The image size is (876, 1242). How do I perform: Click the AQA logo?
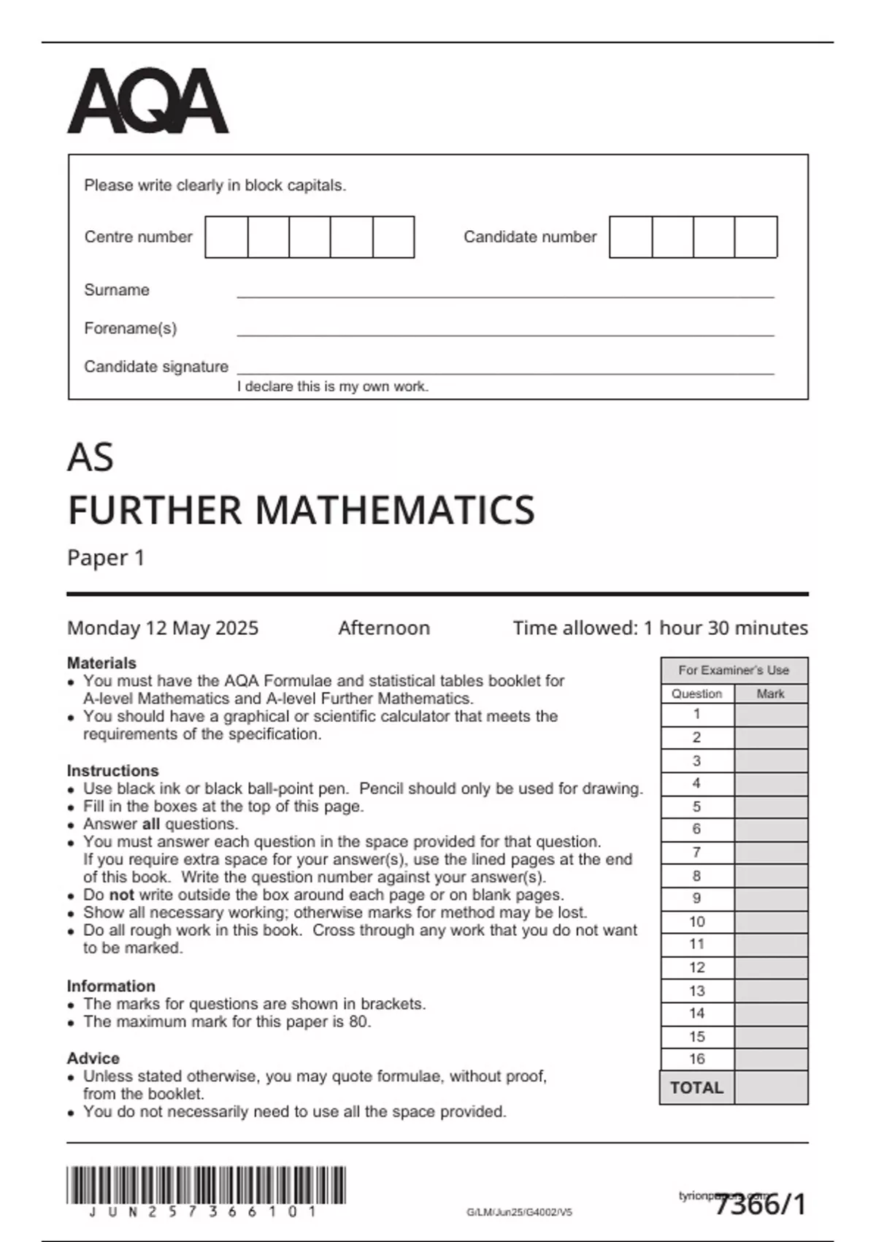148,102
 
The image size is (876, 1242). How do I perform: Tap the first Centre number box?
227,237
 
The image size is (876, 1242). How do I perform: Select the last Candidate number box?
756,237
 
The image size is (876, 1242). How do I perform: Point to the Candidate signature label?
156,367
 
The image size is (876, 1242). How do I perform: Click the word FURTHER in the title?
154,510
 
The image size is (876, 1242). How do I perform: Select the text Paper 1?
106,558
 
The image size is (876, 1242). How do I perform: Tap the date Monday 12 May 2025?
163,628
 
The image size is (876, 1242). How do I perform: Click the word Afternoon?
384,628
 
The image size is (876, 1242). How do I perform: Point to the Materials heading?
101,663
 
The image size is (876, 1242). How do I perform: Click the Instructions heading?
112,771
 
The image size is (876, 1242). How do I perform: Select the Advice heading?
93,1059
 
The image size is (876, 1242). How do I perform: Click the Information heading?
111,986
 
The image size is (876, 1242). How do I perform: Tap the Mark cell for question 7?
771,853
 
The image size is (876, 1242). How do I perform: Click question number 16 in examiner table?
697,1059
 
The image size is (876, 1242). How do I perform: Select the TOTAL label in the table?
697,1088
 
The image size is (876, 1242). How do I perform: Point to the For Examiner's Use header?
734,670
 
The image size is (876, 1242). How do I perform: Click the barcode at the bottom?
206,1185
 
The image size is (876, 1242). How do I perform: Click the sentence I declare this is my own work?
333,387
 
